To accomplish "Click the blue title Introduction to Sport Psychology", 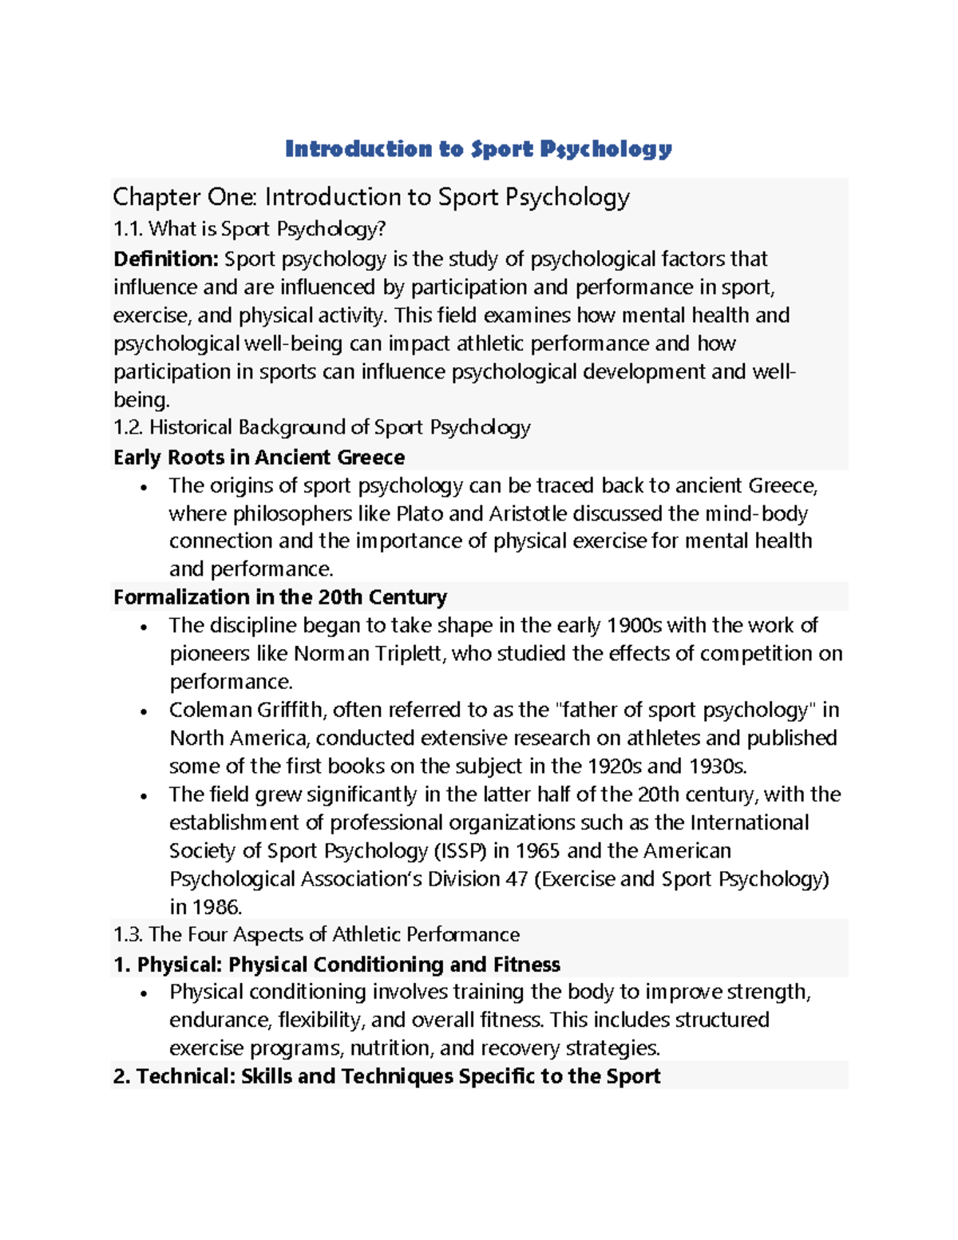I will pos(478,149).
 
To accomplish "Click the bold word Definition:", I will pos(165,259).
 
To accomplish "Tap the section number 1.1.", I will pos(128,230).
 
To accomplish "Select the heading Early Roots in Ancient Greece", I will pos(259,458).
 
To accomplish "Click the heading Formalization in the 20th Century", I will pos(279,597).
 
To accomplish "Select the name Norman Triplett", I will pos(367,654).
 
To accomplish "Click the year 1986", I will pos(216,907).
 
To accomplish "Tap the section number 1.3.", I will pos(128,935).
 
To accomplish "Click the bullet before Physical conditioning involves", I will pos(144,994).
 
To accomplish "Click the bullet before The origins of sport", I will pos(144,487).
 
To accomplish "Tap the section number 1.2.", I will pos(128,428).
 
